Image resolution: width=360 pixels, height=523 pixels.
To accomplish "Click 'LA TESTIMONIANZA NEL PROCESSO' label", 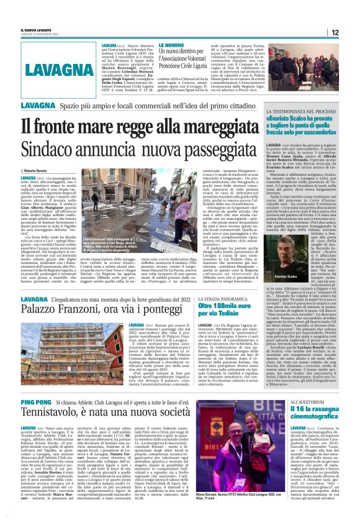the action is tap(290, 111).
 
